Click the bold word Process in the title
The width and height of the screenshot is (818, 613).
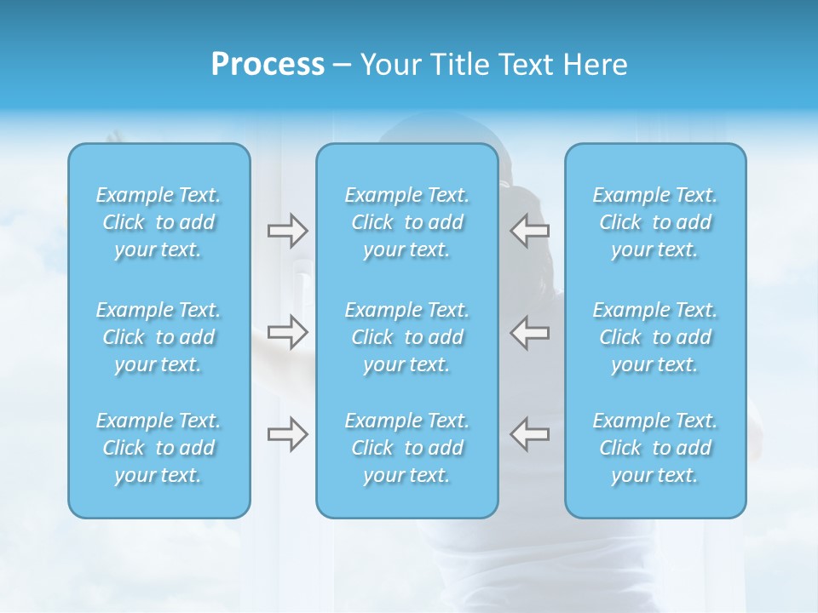pos(268,65)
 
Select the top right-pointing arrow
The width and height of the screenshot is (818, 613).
pos(287,231)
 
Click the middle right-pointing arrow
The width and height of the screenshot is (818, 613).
pos(287,332)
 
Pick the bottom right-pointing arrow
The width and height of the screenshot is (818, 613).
pos(287,434)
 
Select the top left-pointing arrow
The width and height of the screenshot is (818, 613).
pos(530,231)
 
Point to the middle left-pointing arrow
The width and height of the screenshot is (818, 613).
pos(530,332)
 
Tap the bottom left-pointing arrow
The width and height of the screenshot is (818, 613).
pos(530,434)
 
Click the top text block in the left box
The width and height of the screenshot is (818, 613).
pos(158,222)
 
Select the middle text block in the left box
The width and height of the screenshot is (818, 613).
pos(158,337)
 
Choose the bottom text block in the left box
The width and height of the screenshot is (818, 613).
pos(158,448)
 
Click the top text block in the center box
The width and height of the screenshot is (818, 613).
pos(407,222)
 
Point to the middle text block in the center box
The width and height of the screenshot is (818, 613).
pos(407,337)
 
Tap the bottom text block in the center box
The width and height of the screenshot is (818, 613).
pos(407,448)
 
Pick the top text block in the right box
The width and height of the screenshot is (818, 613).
pos(655,222)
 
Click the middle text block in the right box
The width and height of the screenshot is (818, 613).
pos(655,337)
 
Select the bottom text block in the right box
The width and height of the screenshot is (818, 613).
pos(655,448)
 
